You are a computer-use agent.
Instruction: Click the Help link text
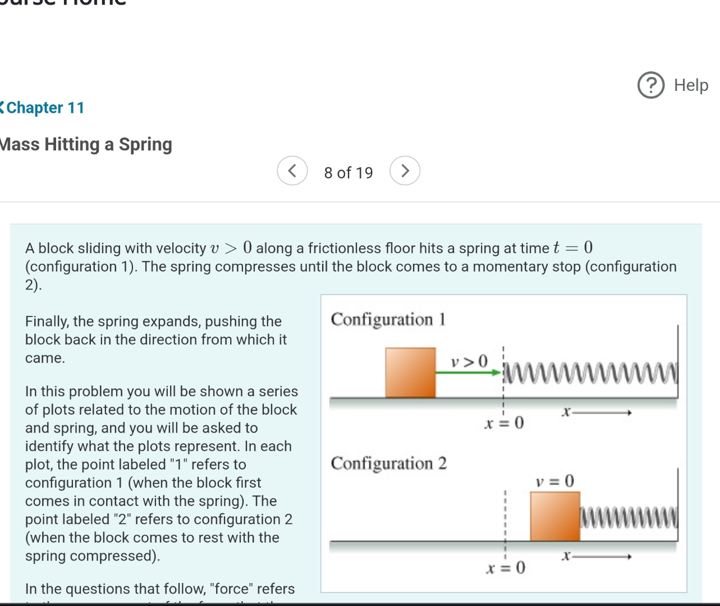click(x=691, y=85)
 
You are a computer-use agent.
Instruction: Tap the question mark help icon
click(x=651, y=85)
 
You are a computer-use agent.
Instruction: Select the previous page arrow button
click(x=292, y=171)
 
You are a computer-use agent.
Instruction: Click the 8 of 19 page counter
click(x=348, y=173)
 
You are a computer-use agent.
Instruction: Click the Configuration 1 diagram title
click(x=388, y=319)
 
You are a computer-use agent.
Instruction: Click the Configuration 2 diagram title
click(x=388, y=463)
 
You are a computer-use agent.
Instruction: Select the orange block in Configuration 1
click(x=410, y=373)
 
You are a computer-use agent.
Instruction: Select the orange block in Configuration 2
click(x=555, y=516)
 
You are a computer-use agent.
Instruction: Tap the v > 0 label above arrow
click(x=470, y=361)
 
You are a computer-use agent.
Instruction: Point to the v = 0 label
click(x=554, y=481)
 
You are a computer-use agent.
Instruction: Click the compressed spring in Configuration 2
click(x=629, y=517)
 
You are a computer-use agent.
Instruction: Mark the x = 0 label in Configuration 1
click(x=504, y=422)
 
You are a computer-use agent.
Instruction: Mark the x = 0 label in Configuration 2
click(x=505, y=568)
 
